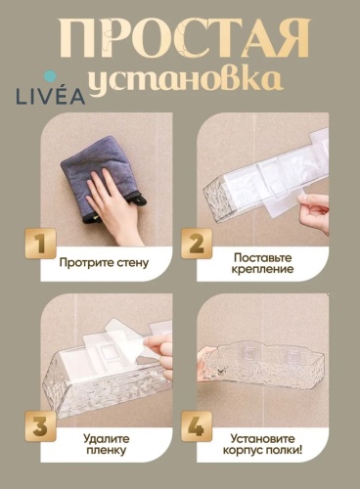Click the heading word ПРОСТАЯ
[x=184, y=38]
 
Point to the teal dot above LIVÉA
[x=51, y=76]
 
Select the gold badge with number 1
[x=40, y=244]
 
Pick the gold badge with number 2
[x=197, y=244]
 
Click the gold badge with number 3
[x=40, y=426]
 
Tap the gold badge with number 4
[x=197, y=426]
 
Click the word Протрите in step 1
[x=86, y=263]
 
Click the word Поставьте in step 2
[x=262, y=257]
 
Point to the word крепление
[x=262, y=270]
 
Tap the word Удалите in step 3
[x=107, y=439]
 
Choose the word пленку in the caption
[x=107, y=451]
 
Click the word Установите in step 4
[x=262, y=439]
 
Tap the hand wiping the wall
[x=115, y=208]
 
